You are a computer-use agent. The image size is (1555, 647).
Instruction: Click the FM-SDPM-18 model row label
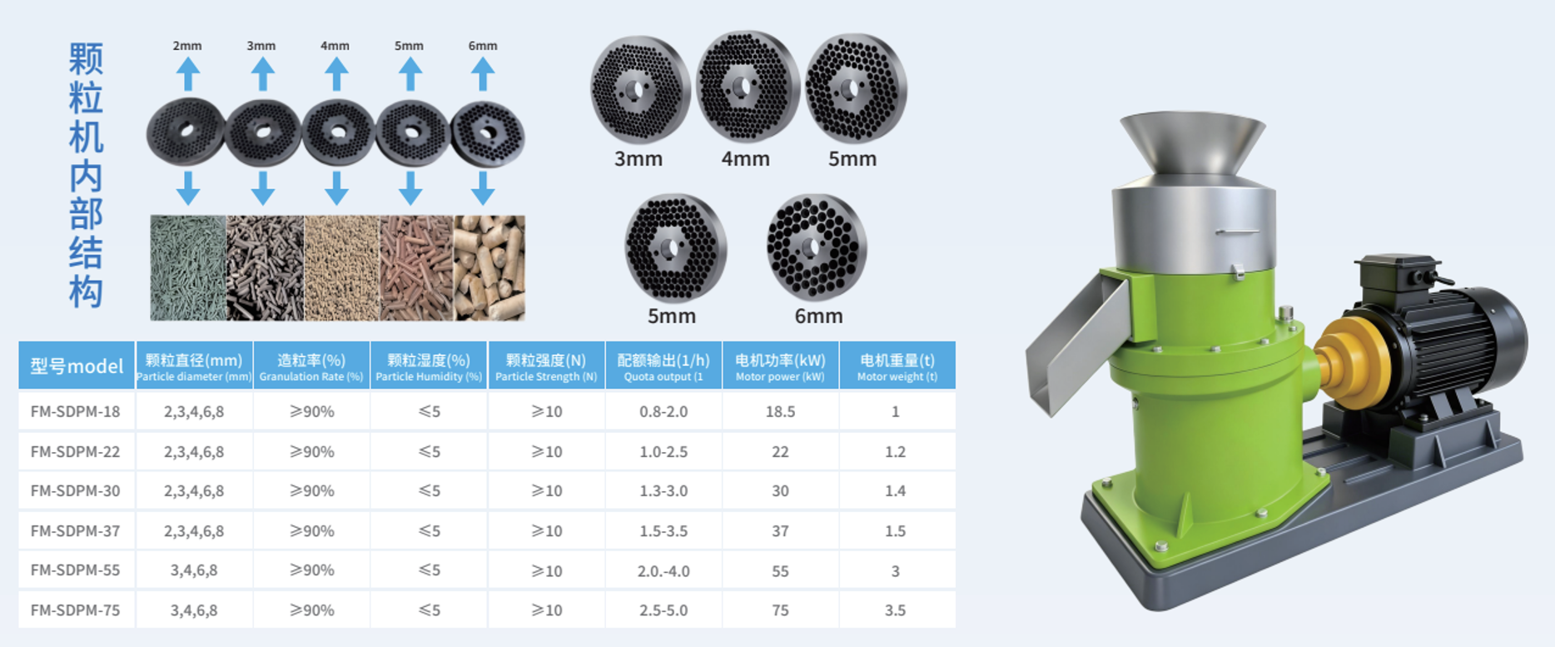point(75,411)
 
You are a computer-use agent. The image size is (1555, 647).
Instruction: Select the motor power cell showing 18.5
point(780,411)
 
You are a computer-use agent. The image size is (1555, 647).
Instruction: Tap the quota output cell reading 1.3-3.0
point(663,490)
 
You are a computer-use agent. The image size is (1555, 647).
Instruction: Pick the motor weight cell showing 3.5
point(895,610)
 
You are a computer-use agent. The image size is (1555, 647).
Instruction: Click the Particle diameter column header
point(194,366)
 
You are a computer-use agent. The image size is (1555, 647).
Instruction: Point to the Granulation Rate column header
point(311,366)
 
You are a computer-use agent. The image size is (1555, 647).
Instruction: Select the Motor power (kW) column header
point(780,366)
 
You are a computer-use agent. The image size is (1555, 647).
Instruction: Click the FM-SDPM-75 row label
point(75,610)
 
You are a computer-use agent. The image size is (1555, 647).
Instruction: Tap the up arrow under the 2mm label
point(188,74)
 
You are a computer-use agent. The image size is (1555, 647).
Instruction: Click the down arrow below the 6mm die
point(483,188)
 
